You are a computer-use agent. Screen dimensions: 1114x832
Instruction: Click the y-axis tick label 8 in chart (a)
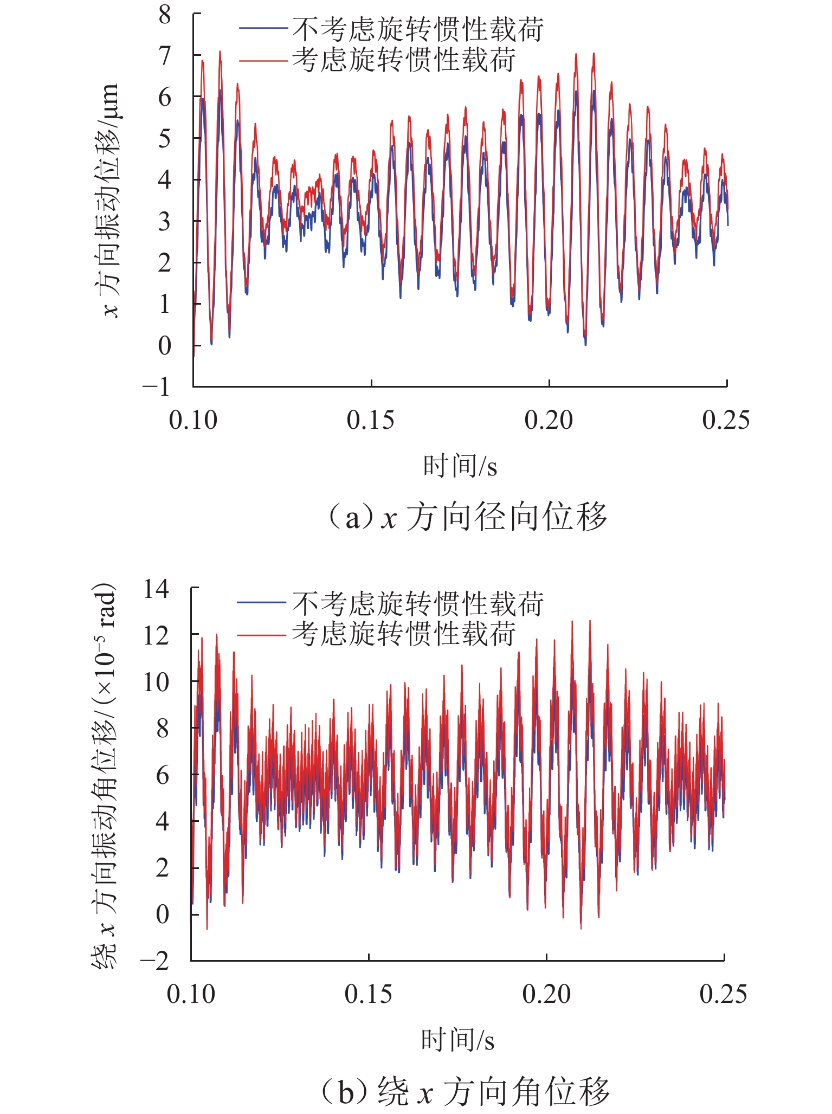(x=165, y=15)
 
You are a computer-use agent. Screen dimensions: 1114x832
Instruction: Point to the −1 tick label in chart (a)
(x=156, y=387)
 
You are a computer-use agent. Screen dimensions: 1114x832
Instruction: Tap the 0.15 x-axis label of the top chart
(x=371, y=420)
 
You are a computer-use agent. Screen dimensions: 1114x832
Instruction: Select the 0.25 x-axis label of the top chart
(x=726, y=420)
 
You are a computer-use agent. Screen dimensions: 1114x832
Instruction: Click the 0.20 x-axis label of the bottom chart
(x=546, y=994)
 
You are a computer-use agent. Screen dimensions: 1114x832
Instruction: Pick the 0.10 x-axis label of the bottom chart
(x=191, y=994)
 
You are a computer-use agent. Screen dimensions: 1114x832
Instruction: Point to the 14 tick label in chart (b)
(x=156, y=589)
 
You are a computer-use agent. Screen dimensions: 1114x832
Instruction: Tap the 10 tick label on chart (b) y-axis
(x=156, y=681)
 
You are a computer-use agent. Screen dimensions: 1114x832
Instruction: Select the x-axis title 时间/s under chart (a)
(x=460, y=466)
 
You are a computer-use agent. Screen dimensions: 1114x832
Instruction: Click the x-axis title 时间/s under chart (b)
(x=458, y=1040)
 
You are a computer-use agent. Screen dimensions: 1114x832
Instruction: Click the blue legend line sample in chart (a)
(x=263, y=28)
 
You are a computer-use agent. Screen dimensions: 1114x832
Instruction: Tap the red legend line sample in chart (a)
(x=263, y=60)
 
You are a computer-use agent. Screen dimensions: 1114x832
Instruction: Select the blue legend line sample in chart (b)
(x=261, y=602)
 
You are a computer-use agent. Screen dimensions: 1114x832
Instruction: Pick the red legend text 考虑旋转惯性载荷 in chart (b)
(x=404, y=634)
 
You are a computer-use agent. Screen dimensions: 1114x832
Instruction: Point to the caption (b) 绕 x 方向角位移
(x=465, y=1091)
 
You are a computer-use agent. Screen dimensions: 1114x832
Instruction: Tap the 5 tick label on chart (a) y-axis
(x=165, y=139)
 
